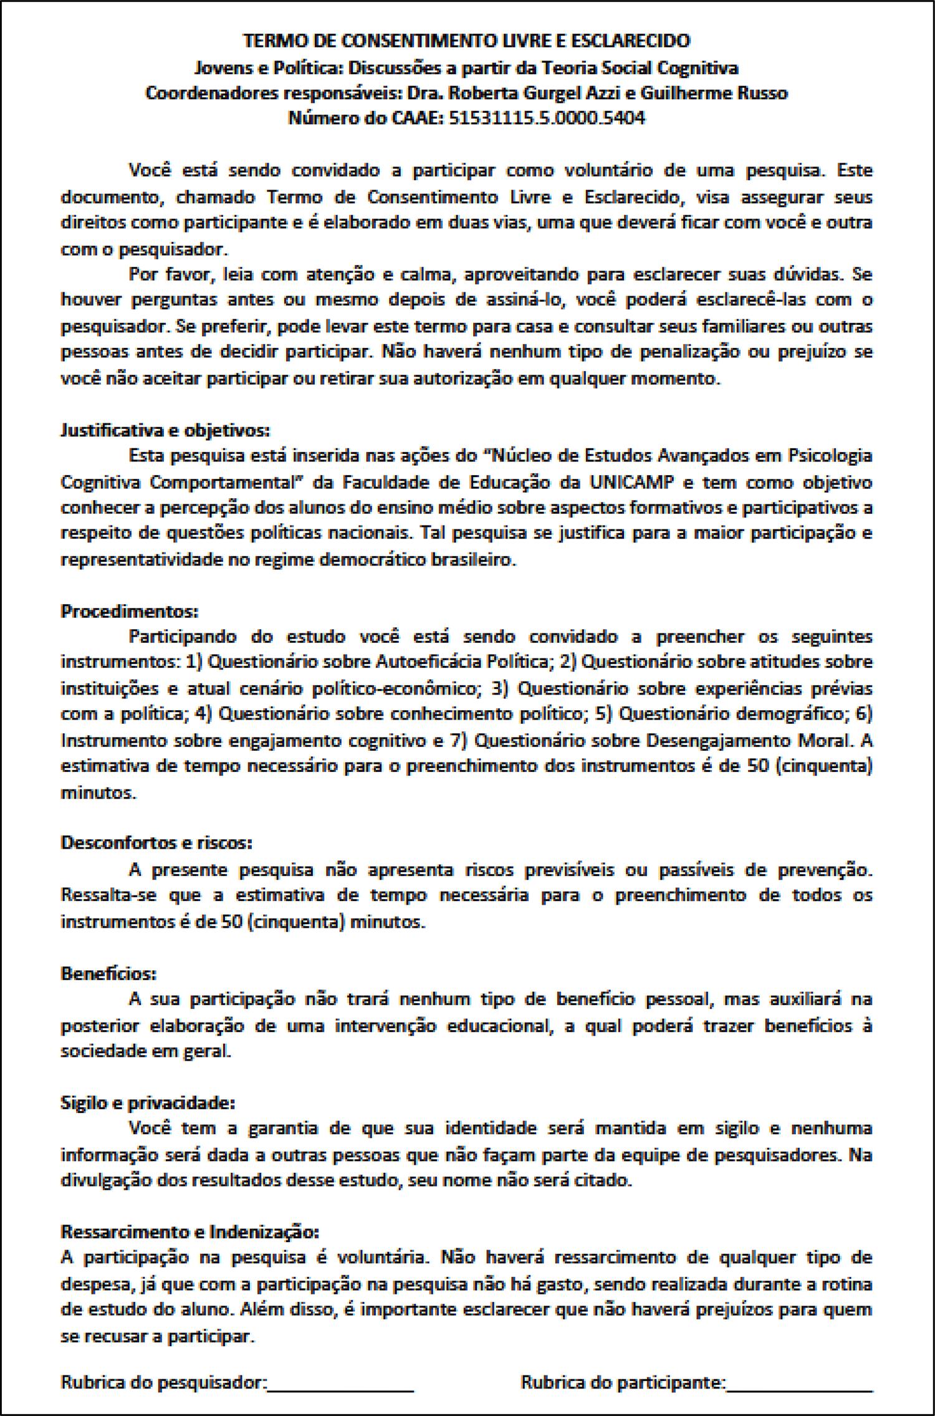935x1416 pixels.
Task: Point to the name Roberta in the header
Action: click(481, 93)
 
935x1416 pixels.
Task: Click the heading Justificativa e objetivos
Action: click(165, 430)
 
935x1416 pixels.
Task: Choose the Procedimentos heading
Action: click(129, 611)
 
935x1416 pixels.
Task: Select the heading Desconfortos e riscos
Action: click(156, 843)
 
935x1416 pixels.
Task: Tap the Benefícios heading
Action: click(108, 973)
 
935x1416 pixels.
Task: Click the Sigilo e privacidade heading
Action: click(148, 1103)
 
